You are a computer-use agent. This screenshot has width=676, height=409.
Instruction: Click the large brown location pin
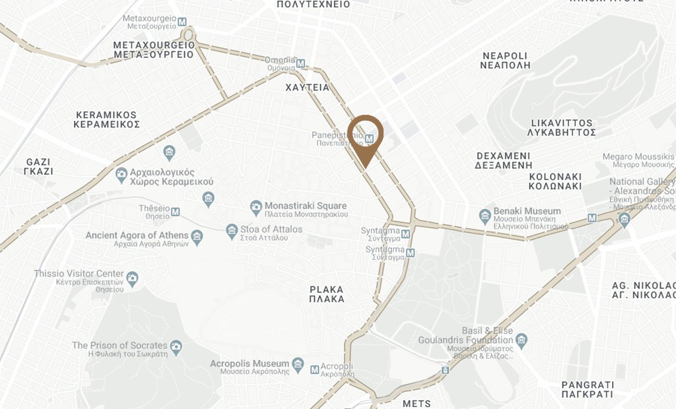click(x=365, y=135)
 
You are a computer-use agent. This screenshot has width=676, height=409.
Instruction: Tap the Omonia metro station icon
click(x=301, y=64)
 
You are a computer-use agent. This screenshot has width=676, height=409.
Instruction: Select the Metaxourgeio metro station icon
click(x=182, y=22)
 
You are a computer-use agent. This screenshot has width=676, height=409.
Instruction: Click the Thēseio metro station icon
click(x=176, y=212)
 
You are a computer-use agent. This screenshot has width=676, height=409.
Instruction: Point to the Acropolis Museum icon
click(x=298, y=364)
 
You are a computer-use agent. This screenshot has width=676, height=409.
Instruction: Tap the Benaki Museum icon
click(x=485, y=216)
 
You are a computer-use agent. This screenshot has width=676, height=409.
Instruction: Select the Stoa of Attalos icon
click(x=231, y=231)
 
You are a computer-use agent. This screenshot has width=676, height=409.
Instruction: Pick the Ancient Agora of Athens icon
click(x=197, y=237)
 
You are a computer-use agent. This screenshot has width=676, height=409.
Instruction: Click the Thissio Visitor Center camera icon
click(x=133, y=278)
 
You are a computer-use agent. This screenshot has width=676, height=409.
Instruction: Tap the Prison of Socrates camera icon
click(x=176, y=346)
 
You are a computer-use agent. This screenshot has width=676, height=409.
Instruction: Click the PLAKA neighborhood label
click(x=327, y=294)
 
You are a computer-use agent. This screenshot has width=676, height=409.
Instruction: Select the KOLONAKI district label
click(x=555, y=181)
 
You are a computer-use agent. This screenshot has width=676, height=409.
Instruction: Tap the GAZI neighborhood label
click(x=39, y=166)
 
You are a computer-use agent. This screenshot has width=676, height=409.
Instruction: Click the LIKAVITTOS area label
click(x=562, y=127)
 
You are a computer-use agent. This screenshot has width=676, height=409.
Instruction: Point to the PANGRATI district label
click(x=588, y=389)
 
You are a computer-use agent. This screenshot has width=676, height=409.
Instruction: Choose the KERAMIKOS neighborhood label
click(x=106, y=119)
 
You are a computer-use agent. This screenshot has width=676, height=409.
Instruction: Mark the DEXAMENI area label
click(x=504, y=160)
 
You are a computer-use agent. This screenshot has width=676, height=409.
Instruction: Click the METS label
click(x=416, y=404)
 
